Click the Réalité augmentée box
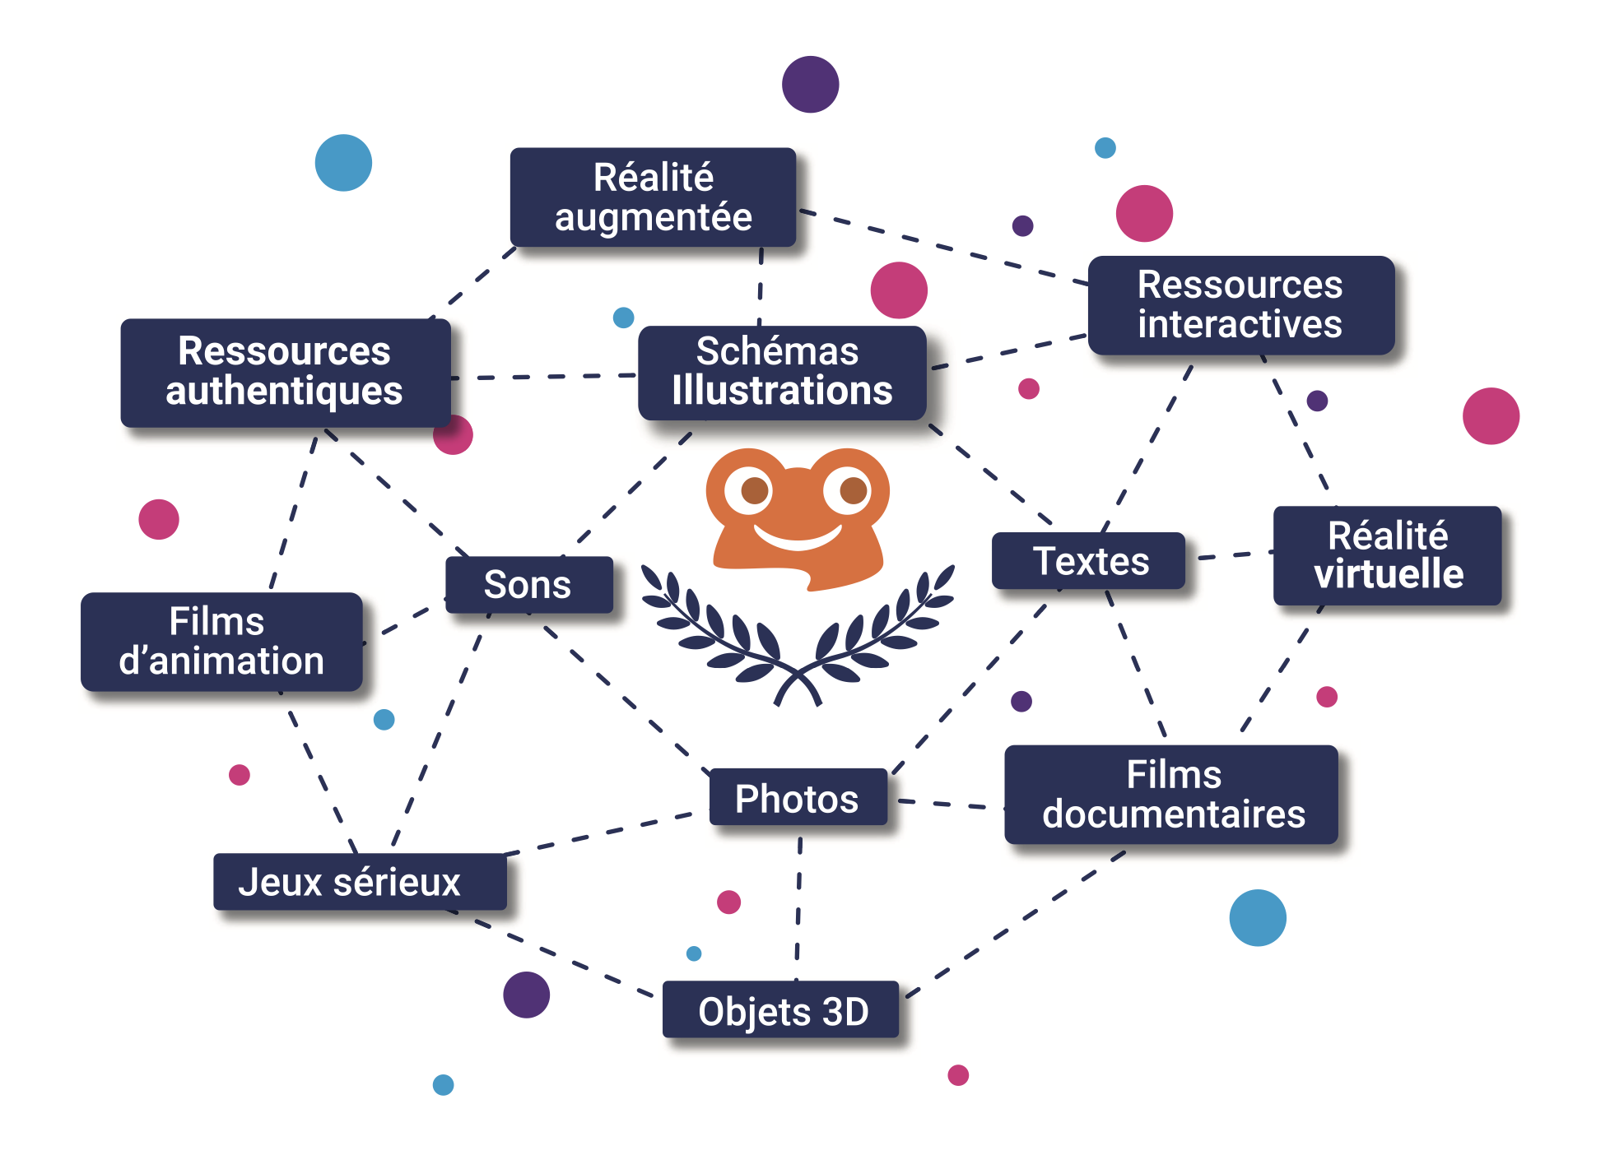coord(653,197)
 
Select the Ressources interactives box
coord(1240,305)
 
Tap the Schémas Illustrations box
coord(782,373)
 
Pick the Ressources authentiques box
coord(285,372)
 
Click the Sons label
coord(528,585)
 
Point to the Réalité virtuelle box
coord(1387,555)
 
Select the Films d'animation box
coord(221,642)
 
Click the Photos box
coord(798,797)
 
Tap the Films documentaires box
coord(1171,795)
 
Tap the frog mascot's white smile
coord(798,540)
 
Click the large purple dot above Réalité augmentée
coord(810,84)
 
